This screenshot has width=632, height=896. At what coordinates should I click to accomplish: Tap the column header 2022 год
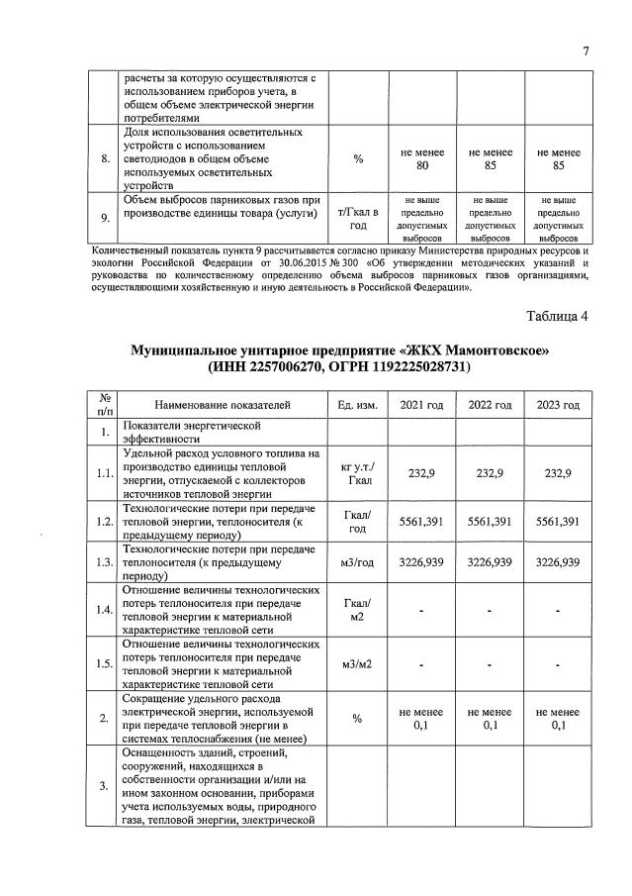[x=490, y=405]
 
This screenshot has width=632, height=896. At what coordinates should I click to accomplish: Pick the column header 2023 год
[x=558, y=405]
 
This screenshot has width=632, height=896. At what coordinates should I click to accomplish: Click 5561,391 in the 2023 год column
[x=558, y=521]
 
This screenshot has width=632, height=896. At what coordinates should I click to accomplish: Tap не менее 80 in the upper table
[x=421, y=158]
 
